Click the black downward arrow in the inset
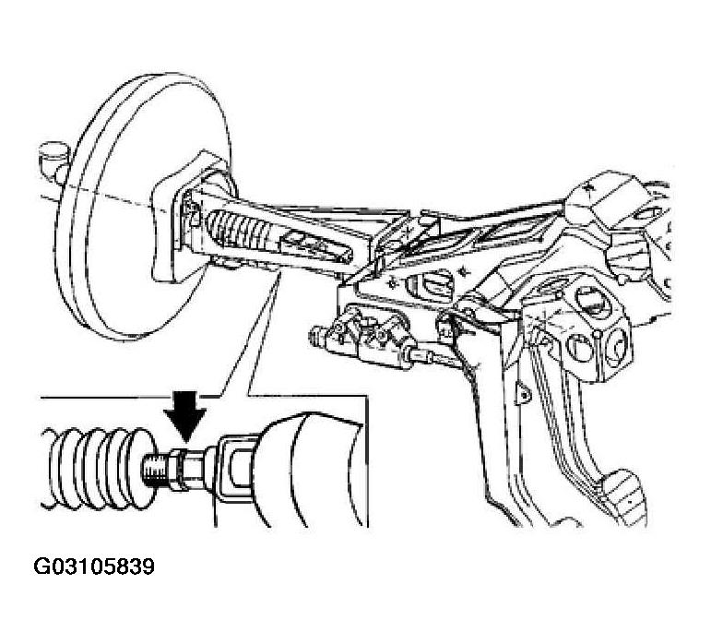point(185,413)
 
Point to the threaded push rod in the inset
point(158,471)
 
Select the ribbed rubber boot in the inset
point(99,468)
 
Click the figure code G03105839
point(94,566)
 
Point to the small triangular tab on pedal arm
point(523,393)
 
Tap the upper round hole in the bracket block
point(588,302)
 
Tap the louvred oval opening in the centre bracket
point(432,287)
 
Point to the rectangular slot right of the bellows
point(296,238)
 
